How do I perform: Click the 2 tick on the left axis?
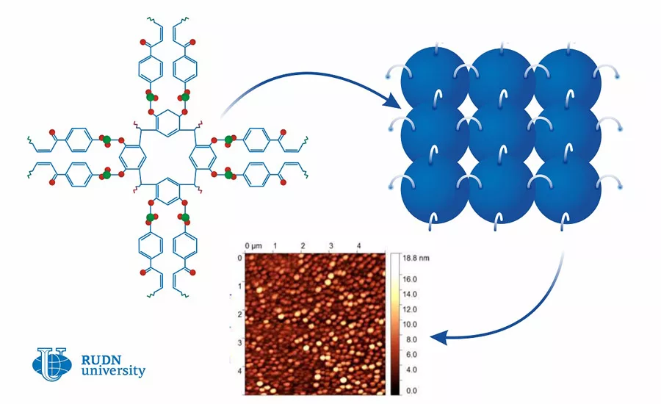coord(238,314)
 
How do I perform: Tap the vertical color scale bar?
coord(394,324)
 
